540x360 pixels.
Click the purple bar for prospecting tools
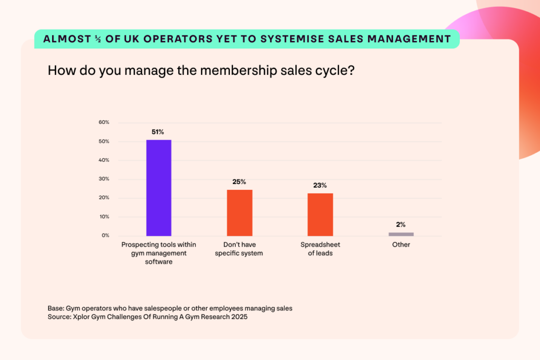tap(159, 188)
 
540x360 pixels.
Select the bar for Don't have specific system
tap(239, 212)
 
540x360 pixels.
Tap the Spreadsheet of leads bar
tap(320, 215)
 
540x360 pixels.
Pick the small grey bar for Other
tap(401, 234)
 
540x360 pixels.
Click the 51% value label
tap(159, 132)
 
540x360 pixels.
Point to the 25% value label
tap(239, 182)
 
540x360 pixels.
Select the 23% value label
tap(320, 186)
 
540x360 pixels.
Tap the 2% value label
tap(401, 225)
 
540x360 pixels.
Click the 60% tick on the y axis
tap(104, 122)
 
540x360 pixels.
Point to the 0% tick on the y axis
tap(105, 236)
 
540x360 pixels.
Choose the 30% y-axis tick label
tap(104, 179)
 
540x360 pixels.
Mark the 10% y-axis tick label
tap(104, 217)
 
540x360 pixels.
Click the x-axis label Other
tap(401, 245)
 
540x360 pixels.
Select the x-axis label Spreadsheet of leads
tap(320, 249)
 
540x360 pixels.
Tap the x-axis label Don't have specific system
tap(239, 249)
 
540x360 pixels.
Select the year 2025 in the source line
tap(237, 317)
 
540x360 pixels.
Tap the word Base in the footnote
tap(56, 308)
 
